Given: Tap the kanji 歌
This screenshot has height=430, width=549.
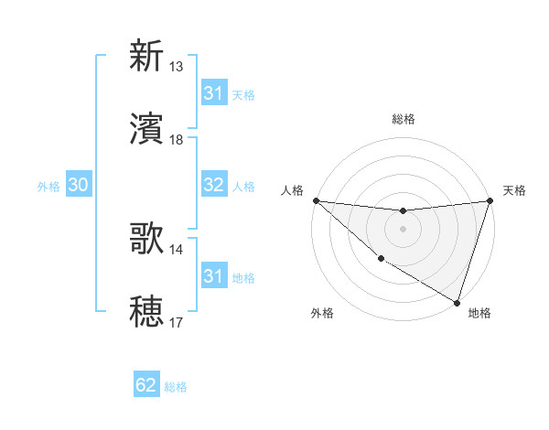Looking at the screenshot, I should click(x=146, y=239).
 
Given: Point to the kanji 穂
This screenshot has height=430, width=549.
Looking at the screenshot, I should click(x=146, y=311).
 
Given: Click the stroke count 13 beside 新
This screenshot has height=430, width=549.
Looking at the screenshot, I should click(x=177, y=67).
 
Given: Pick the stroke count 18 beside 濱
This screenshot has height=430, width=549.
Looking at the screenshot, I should click(x=177, y=140).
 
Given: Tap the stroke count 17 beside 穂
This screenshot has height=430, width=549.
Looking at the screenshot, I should click(x=177, y=323).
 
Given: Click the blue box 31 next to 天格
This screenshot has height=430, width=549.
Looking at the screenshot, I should click(x=213, y=93).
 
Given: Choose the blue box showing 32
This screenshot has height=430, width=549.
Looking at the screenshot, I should click(x=213, y=185).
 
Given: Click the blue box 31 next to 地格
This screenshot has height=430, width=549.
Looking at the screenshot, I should click(x=213, y=276).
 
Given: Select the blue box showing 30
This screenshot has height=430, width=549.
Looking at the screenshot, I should click(x=78, y=185).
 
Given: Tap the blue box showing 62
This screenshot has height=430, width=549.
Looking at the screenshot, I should click(x=146, y=385).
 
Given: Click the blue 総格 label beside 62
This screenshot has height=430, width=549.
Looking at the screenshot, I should click(x=176, y=387).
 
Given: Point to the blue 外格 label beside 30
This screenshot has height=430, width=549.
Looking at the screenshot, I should click(x=48, y=187).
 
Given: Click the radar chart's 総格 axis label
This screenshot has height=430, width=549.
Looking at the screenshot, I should click(x=403, y=119).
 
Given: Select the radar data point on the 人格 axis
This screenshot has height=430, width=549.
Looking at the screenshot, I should click(x=316, y=200).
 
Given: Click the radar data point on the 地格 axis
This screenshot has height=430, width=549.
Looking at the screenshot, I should click(x=457, y=302).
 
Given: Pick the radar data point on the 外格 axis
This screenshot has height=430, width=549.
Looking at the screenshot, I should click(x=381, y=259).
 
